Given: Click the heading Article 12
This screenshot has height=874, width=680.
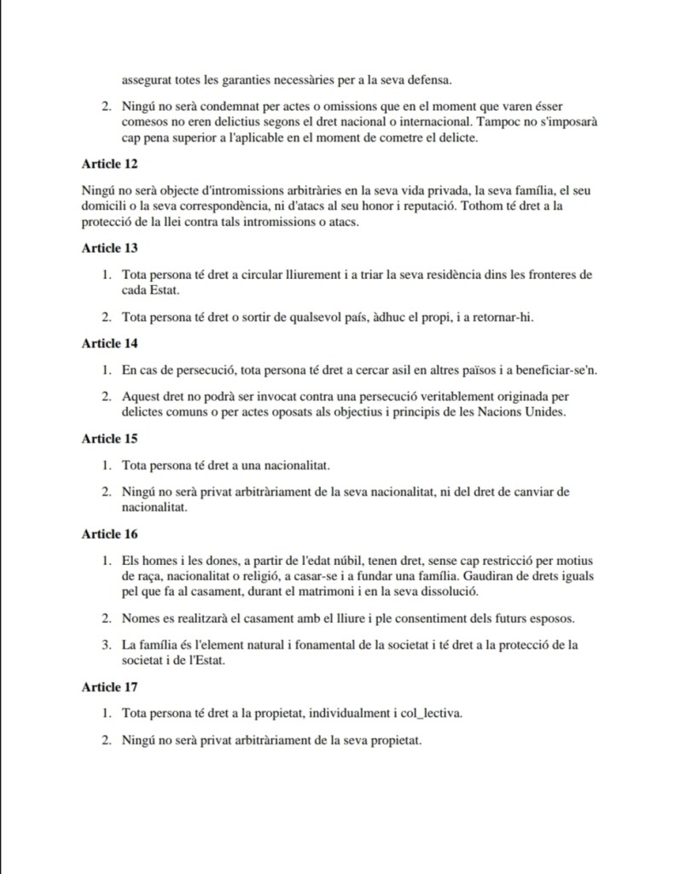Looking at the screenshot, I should coord(109,162).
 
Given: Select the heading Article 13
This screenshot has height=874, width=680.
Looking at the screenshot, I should coord(109,248).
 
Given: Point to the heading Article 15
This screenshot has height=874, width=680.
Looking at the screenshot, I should coord(109,439).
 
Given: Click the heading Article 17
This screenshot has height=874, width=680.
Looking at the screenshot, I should coord(109,686).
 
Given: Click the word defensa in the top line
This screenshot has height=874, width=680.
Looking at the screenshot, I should coord(428,81).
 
